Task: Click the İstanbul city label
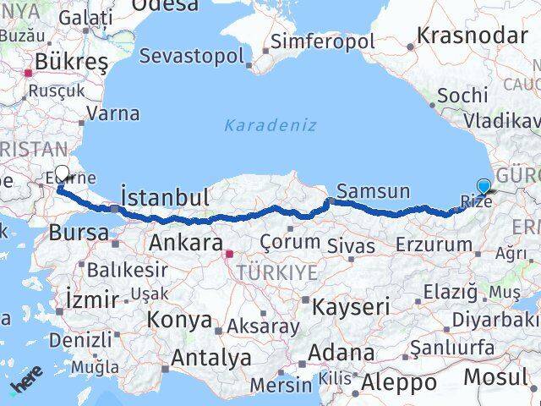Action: [165, 197]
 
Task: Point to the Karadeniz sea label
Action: [270, 125]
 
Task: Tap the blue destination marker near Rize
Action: [484, 186]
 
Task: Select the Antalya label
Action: [211, 358]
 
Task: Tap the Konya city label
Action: [179, 320]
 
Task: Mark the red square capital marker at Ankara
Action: [228, 252]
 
